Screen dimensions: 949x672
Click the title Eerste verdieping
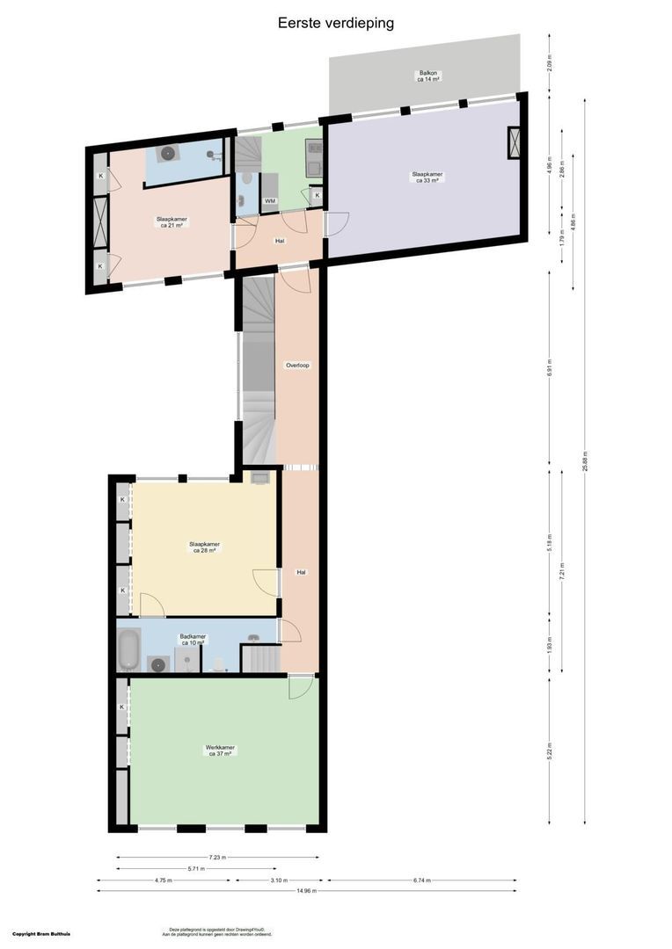click(x=336, y=23)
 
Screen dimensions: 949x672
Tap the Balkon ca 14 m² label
click(x=428, y=76)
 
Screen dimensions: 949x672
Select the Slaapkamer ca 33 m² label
click(x=428, y=177)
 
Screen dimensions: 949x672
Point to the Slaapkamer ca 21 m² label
click(x=172, y=222)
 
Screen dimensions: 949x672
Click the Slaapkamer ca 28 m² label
click(x=204, y=547)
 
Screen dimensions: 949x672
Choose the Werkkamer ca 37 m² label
click(x=220, y=750)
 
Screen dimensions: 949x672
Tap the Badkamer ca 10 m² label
click(x=192, y=639)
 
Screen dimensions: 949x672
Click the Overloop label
click(x=297, y=365)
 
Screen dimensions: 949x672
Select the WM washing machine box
click(x=270, y=201)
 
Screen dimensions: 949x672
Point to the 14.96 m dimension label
click(x=307, y=890)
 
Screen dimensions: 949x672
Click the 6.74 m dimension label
click(x=421, y=880)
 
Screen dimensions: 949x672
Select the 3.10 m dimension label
click(x=278, y=880)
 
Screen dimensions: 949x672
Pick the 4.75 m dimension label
click(x=163, y=880)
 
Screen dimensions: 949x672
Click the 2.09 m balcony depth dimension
click(x=550, y=62)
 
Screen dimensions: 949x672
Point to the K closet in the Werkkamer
click(x=122, y=706)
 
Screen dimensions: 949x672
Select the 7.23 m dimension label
click(x=217, y=858)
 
